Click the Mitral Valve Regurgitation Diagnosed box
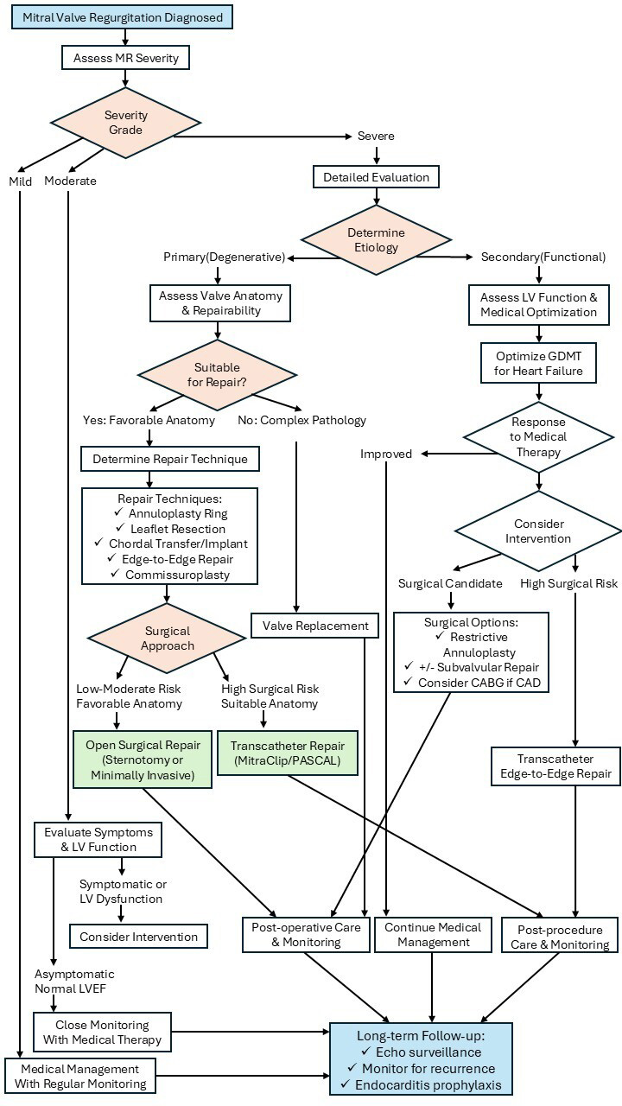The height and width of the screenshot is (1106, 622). (123, 17)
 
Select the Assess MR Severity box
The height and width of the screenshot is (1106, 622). (125, 59)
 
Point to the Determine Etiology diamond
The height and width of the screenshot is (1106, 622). (376, 240)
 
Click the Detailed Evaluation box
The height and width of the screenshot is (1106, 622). (376, 177)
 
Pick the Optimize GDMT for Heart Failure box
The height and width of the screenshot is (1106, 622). (539, 364)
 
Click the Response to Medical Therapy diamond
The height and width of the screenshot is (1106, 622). (539, 436)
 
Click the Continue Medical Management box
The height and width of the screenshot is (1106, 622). (433, 935)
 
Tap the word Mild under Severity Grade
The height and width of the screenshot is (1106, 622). (20, 181)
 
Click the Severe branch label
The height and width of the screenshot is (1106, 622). (376, 137)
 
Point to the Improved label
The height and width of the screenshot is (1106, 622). (386, 454)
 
